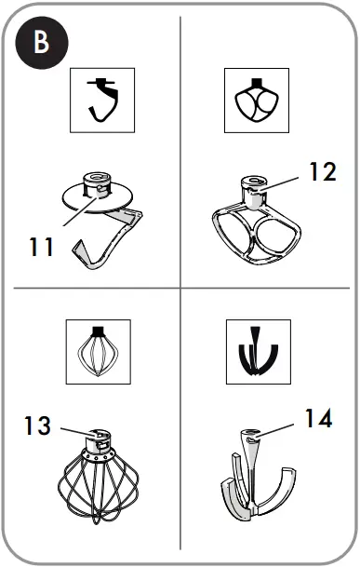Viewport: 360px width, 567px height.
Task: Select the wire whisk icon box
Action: (x=98, y=351)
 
